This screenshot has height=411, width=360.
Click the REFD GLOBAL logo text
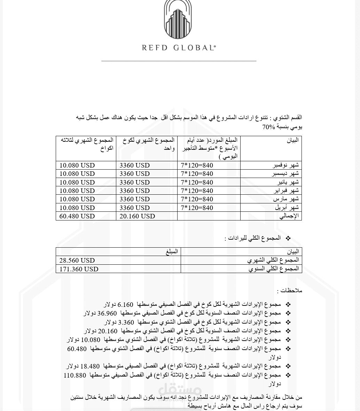(179, 48)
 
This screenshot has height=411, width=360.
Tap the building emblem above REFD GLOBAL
(178, 19)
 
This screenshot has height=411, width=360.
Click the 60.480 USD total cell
(77, 216)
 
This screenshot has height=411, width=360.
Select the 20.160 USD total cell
(137, 216)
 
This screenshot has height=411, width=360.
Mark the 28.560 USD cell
(77, 261)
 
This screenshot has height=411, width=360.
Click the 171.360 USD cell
(79, 269)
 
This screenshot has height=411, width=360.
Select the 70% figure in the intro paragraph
(269, 127)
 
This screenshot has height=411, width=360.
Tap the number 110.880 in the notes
(75, 375)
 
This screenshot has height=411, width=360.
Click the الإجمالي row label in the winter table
(289, 216)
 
